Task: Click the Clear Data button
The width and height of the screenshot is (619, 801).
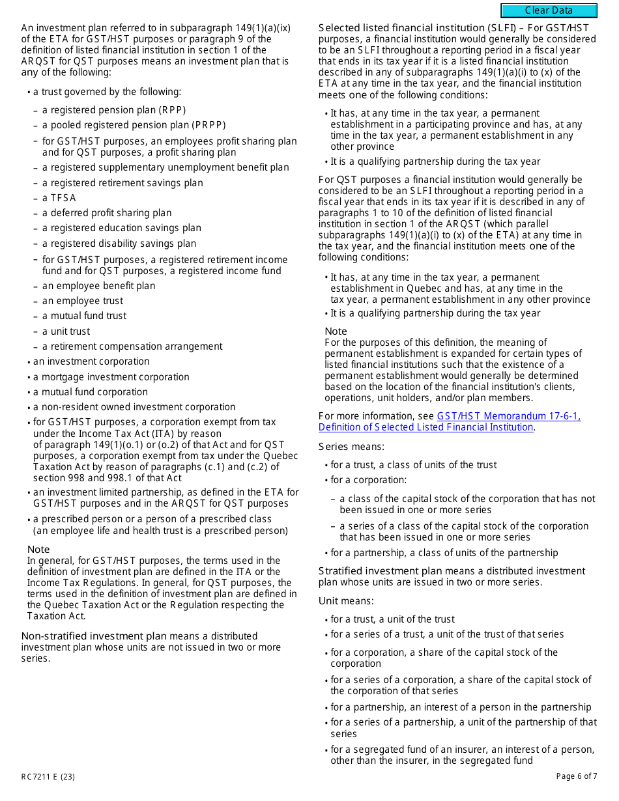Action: (549, 10)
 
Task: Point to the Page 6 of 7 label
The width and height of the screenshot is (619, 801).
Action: (577, 776)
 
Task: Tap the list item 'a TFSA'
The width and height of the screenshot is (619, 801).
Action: (59, 198)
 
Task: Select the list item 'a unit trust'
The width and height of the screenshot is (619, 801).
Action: (66, 331)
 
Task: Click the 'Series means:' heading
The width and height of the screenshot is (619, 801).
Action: (351, 447)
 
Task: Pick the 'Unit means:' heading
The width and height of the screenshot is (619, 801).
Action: (346, 601)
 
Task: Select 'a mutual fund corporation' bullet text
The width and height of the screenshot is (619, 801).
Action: (91, 392)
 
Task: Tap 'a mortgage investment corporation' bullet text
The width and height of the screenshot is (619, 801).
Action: (111, 377)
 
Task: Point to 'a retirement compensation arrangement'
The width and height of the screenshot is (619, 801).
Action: (132, 346)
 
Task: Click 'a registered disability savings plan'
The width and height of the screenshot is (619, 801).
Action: (119, 244)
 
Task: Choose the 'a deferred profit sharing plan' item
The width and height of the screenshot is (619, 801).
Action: (107, 213)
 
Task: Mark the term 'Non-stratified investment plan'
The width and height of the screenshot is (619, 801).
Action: (94, 636)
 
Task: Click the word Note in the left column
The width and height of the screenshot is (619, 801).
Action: (38, 550)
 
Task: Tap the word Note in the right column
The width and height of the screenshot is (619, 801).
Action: (336, 331)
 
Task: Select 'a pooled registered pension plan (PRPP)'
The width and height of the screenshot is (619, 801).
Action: (134, 125)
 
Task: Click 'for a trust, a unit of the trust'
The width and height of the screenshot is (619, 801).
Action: (392, 619)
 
